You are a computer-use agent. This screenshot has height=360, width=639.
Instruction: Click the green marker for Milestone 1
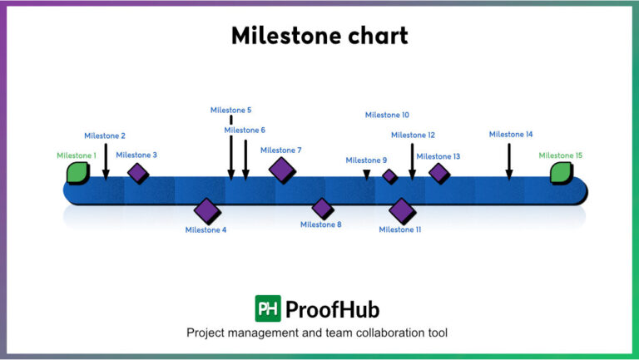point(77,172)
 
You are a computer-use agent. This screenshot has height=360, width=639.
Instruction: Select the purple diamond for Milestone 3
point(137,173)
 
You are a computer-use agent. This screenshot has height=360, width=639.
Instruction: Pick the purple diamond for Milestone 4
point(206,210)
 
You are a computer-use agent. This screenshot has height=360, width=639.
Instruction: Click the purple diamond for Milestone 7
point(282,169)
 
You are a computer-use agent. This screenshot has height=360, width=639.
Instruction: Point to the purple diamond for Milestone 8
point(322,208)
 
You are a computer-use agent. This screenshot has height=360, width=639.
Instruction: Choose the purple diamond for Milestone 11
point(402,210)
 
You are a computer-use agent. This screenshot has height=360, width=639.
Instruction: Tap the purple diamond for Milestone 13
point(438,173)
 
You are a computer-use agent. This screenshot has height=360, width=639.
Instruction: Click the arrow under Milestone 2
point(106,161)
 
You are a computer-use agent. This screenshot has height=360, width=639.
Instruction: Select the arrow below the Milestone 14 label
point(509,161)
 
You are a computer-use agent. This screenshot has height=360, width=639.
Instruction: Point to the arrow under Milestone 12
point(412,161)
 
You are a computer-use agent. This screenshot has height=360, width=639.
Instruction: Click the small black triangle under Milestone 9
point(367,174)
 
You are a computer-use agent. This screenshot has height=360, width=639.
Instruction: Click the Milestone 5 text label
point(230,110)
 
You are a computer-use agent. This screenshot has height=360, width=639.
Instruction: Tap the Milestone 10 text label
point(387,116)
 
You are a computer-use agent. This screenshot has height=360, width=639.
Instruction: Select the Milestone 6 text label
point(245,130)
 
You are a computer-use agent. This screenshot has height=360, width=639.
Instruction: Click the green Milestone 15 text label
point(560,155)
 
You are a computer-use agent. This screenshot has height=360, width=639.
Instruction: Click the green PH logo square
point(267,309)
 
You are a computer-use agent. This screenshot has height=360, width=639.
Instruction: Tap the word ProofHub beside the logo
point(332,310)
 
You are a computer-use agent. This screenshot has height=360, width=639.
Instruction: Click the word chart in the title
point(370,35)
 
